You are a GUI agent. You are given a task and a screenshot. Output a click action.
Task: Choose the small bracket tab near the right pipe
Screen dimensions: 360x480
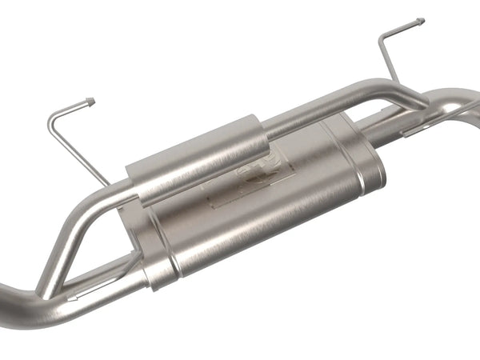pyautogui.click(x=416, y=128)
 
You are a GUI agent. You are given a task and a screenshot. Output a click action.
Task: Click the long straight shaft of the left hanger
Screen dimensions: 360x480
pyautogui.click(x=77, y=148)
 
